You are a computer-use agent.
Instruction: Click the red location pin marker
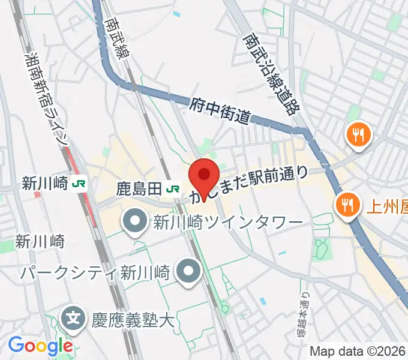tap(203, 175)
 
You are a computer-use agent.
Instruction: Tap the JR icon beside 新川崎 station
tap(79, 184)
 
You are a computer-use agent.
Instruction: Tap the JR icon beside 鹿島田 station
tap(173, 189)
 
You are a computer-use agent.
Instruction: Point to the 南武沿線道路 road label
tap(272, 74)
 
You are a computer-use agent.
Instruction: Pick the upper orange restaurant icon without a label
tap(359, 134)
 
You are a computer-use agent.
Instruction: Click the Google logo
tap(40, 346)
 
